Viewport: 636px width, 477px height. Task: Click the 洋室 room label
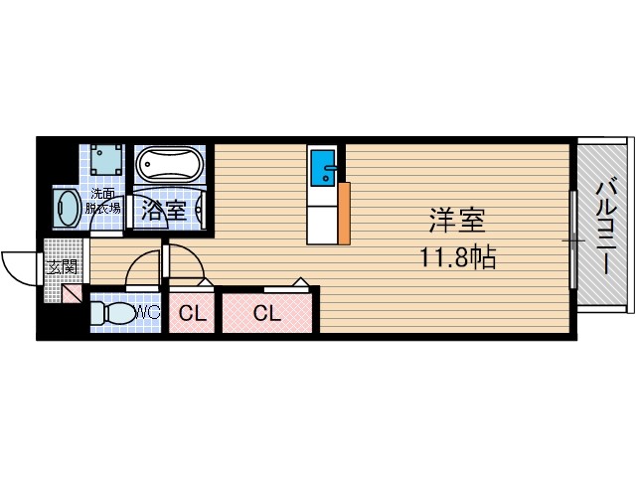pyautogui.click(x=457, y=220)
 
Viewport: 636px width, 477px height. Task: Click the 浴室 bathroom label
pyautogui.click(x=163, y=211)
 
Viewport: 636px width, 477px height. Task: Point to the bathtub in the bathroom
pyautogui.click(x=169, y=163)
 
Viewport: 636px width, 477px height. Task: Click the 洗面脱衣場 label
pyautogui.click(x=102, y=201)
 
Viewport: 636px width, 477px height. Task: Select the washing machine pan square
pyautogui.click(x=106, y=160)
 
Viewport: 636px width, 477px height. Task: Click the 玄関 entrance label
pyautogui.click(x=62, y=267)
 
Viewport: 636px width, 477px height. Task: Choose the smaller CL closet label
pyautogui.click(x=193, y=313)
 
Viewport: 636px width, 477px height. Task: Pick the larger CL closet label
pyautogui.click(x=267, y=313)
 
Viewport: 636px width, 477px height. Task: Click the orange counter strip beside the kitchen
pyautogui.click(x=344, y=214)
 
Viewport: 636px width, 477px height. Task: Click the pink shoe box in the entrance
pyautogui.click(x=72, y=293)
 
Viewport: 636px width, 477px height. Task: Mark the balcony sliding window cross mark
pyautogui.click(x=573, y=240)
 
